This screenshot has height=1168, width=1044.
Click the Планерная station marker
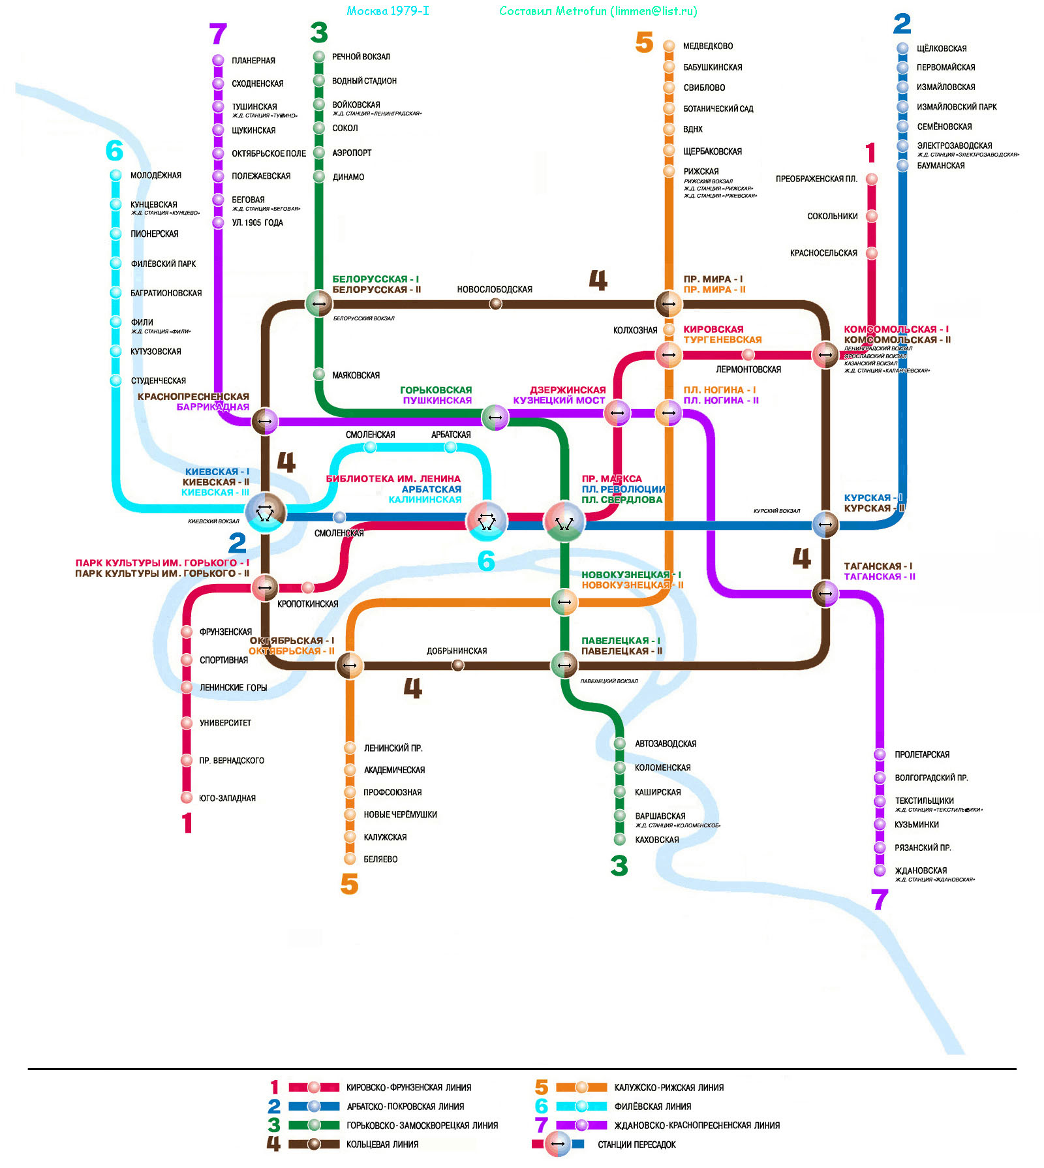218,60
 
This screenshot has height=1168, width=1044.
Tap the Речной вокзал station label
361,57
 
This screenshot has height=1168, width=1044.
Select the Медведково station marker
669,46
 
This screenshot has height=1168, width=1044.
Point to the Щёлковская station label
941,48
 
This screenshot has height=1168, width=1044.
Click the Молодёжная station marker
115,175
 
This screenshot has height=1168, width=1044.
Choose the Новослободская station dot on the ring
495,303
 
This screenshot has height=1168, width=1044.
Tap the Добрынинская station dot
458,665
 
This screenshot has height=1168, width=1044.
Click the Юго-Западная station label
227,798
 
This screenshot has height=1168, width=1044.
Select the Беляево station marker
350,859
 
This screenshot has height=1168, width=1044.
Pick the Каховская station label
656,840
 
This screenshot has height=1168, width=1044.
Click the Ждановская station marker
880,870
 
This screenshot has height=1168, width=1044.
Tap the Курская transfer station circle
825,524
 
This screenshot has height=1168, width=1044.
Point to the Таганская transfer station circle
825,593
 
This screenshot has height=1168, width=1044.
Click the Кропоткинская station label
307,604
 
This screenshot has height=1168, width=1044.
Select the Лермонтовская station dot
748,354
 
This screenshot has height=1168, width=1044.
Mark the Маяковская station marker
318,375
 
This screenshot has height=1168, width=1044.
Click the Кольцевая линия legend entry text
382,1145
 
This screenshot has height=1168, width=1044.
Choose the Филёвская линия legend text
652,1107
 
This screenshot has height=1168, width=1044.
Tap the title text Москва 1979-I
388,11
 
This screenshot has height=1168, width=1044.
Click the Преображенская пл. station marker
872,179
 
